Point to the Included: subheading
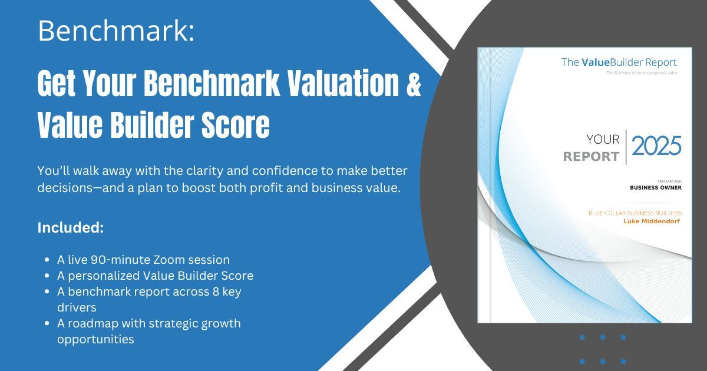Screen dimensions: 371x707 [71, 227]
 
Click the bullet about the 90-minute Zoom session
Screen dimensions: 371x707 [143, 259]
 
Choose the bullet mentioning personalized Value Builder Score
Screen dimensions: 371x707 [155, 275]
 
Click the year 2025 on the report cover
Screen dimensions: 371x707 [656, 145]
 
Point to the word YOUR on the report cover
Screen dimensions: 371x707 [603, 140]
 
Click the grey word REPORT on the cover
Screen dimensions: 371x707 [591, 157]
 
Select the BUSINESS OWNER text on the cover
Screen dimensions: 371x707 [656, 188]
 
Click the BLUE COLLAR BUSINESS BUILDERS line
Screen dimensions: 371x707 [635, 213]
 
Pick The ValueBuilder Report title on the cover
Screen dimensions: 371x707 [619, 62]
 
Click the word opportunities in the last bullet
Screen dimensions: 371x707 [95, 339]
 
